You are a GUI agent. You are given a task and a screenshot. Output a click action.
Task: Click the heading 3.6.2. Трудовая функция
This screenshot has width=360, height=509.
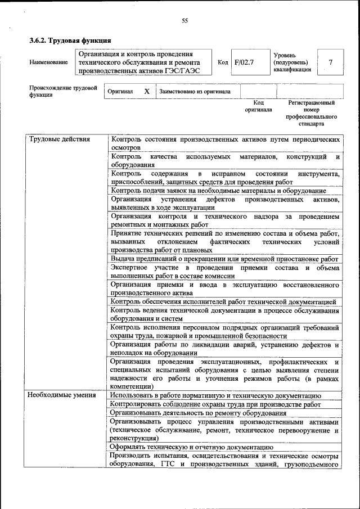click(70, 40)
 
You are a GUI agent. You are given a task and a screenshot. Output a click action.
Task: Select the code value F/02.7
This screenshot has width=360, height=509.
click(244, 62)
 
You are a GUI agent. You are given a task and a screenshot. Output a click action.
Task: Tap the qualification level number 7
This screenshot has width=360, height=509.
click(330, 62)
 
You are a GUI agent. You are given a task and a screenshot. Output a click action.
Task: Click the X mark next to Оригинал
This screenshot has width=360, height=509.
click(146, 91)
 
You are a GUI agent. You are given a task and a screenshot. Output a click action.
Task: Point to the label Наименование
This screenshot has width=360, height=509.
click(49, 62)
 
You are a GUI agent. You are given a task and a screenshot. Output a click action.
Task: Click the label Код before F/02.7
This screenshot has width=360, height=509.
click(222, 62)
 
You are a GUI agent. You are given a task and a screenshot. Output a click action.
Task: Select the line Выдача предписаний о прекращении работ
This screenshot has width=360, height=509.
click(224, 259)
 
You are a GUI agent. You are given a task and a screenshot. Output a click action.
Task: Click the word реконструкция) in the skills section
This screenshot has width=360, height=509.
click(134, 438)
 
